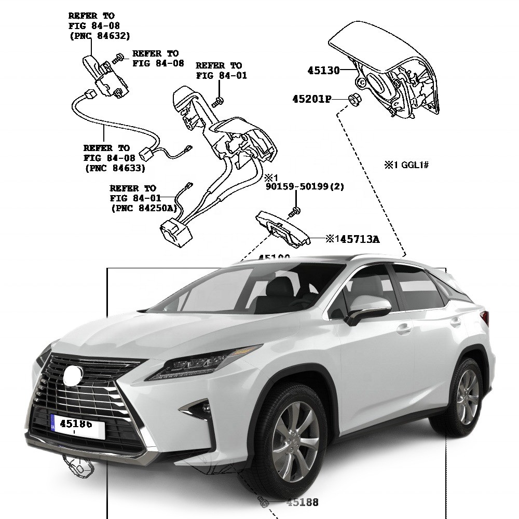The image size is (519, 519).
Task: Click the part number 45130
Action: [x=323, y=71]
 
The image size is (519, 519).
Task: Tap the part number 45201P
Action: [x=311, y=99]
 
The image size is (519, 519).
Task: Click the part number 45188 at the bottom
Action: [x=303, y=502]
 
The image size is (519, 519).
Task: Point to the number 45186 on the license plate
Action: [x=76, y=424]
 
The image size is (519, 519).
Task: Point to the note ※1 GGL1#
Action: [x=406, y=165]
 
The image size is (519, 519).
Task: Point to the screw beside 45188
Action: [x=263, y=501]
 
